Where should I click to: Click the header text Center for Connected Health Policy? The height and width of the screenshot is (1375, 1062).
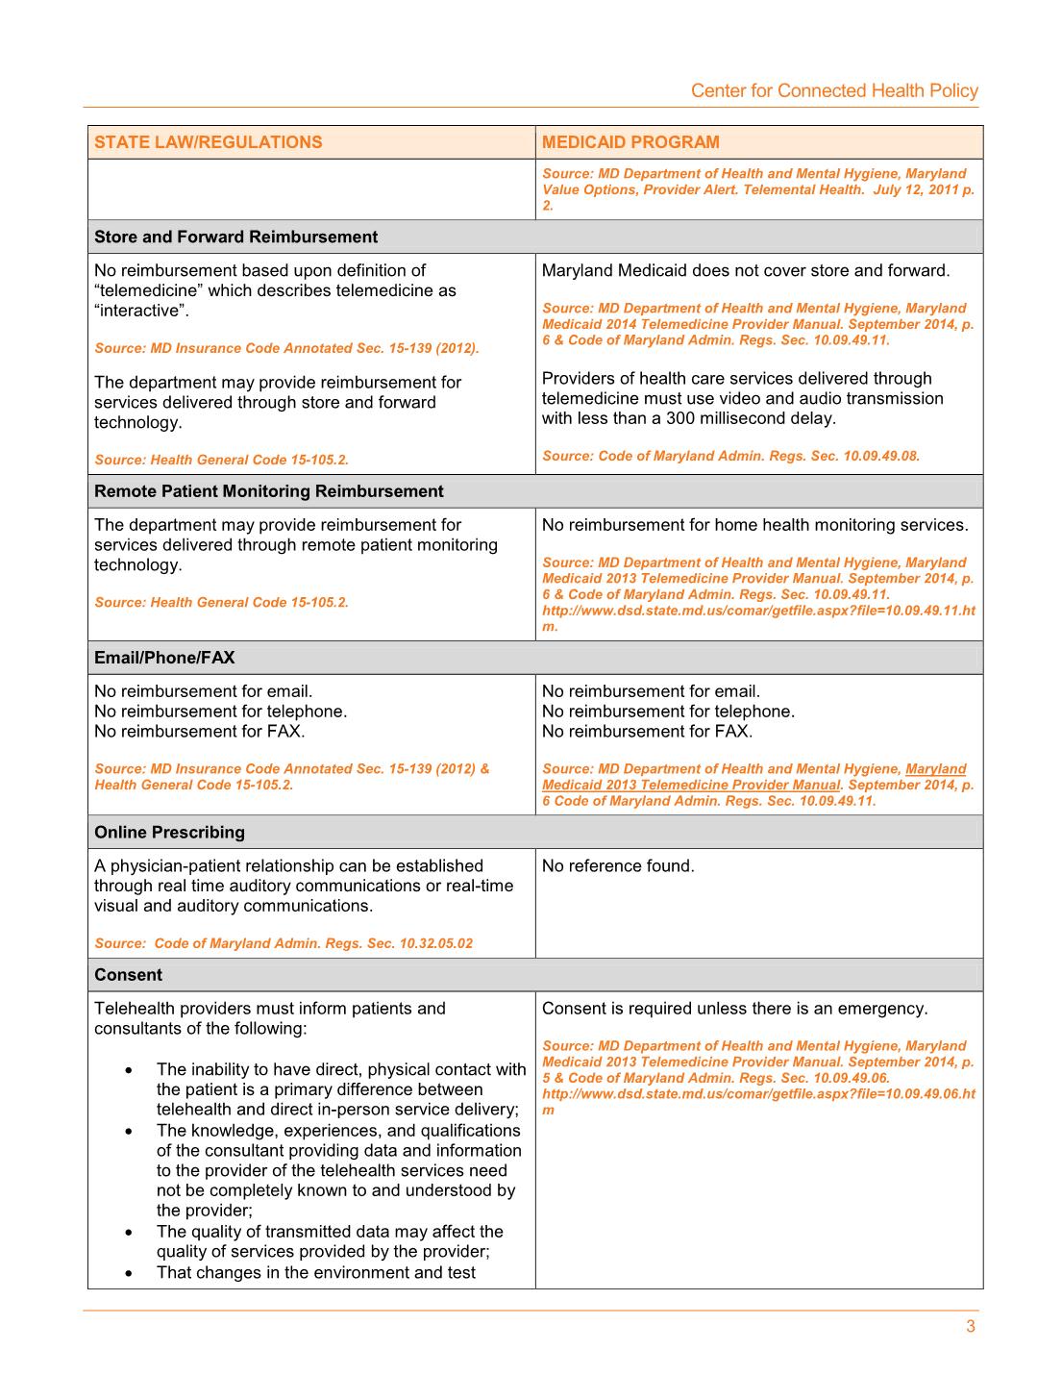pos(834,90)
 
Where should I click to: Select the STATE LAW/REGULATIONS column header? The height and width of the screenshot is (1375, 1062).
pos(209,142)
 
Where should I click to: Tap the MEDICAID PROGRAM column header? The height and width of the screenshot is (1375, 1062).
pos(630,142)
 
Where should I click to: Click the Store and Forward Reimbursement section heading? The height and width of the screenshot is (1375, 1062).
pos(235,237)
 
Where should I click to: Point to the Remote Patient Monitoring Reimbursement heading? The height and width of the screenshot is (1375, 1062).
pos(268,491)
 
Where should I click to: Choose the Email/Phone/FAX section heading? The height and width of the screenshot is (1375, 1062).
pos(164,658)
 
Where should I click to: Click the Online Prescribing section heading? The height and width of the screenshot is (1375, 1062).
pos(169,833)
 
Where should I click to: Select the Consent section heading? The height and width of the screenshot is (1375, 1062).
pos(128,975)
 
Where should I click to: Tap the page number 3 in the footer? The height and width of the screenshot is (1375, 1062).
pos(971,1327)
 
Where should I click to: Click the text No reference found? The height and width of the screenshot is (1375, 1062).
pos(617,866)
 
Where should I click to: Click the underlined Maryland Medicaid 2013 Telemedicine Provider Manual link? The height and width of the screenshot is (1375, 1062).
pos(691,785)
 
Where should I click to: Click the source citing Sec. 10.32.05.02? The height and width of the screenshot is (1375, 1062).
pos(284,943)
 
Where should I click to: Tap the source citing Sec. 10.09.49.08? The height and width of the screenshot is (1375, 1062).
pos(730,456)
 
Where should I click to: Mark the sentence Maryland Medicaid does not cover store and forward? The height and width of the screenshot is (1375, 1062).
pos(745,271)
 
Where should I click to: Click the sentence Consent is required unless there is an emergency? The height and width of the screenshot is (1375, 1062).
pos(734,1009)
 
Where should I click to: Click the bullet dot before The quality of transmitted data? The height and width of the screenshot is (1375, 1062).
pos(129,1232)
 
